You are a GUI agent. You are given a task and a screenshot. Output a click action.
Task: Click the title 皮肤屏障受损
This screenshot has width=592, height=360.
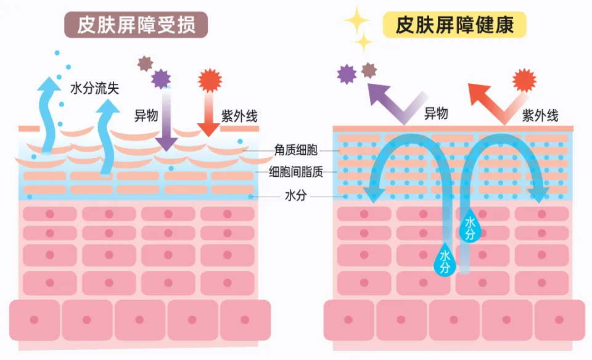(x=136, y=25)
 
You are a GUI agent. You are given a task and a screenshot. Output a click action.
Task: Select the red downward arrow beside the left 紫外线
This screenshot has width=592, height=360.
(x=208, y=114)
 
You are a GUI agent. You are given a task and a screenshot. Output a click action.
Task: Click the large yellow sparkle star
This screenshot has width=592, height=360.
(x=356, y=20)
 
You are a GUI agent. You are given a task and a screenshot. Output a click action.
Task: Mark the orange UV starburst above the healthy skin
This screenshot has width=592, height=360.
(x=524, y=80)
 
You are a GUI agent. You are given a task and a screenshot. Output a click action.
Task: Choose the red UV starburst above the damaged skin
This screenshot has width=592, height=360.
(x=210, y=81)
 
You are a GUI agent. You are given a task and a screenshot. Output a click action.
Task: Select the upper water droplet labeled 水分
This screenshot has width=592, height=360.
(x=470, y=227)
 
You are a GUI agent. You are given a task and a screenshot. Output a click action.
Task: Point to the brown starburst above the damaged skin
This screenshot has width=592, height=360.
(x=145, y=63)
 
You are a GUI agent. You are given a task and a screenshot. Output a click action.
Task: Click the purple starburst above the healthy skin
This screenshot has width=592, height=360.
(x=347, y=74)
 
